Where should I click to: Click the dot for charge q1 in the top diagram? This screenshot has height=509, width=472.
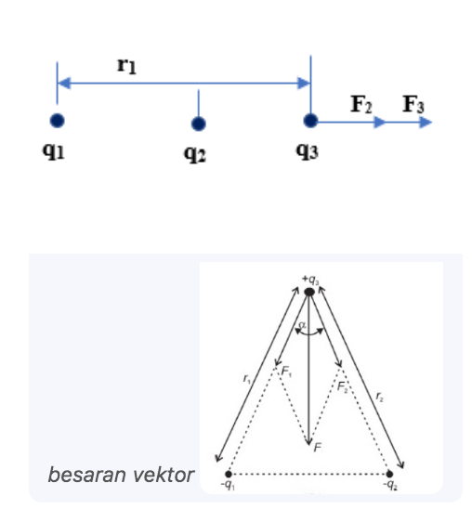pyautogui.click(x=57, y=121)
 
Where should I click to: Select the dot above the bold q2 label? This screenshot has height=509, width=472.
pyautogui.click(x=199, y=124)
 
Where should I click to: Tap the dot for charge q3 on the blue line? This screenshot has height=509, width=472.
pyautogui.click(x=310, y=121)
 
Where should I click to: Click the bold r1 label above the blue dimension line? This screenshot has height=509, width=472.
pyautogui.click(x=126, y=66)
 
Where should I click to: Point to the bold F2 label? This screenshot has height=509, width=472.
pyautogui.click(x=361, y=104)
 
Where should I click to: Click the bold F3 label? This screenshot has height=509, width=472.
pyautogui.click(x=413, y=104)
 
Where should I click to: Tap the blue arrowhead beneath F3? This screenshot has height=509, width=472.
pyautogui.click(x=426, y=123)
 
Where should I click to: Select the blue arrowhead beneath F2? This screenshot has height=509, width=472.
pyautogui.click(x=379, y=123)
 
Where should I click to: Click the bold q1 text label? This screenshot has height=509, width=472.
pyautogui.click(x=54, y=151)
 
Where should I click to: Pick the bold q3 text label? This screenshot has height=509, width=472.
pyautogui.click(x=308, y=151)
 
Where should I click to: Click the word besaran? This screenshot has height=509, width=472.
pyautogui.click(x=87, y=475)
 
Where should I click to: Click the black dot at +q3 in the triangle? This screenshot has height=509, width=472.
pyautogui.click(x=309, y=292)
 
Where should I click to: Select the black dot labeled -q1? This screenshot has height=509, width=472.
pyautogui.click(x=229, y=475)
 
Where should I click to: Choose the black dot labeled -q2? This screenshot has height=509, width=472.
pyautogui.click(x=389, y=475)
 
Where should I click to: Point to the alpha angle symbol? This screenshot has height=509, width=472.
pyautogui.click(x=302, y=324)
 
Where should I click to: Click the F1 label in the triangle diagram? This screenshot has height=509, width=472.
pyautogui.click(x=287, y=371)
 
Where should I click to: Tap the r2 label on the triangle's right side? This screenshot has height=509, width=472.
pyautogui.click(x=379, y=397)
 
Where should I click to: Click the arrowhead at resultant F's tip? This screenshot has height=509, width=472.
pyautogui.click(x=309, y=441)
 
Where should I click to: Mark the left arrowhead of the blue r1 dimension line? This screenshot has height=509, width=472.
pyautogui.click(x=64, y=83)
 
